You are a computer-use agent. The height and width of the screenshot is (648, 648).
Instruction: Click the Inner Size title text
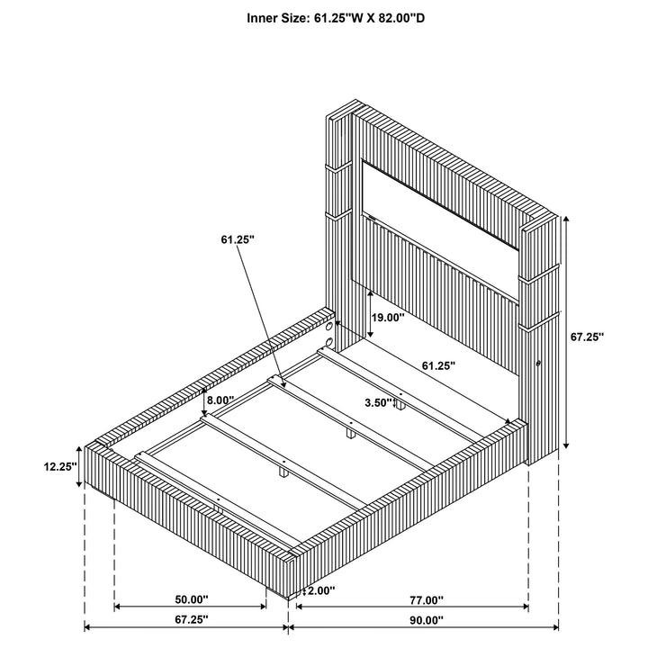(336, 18)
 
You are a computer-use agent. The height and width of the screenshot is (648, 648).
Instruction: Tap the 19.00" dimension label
(388, 318)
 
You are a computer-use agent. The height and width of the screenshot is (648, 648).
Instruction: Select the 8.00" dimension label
(220, 400)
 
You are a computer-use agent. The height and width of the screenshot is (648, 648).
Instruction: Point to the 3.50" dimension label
(378, 402)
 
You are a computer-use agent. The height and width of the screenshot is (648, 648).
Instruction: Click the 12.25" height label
(60, 466)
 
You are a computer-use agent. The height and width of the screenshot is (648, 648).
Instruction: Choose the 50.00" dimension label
(192, 598)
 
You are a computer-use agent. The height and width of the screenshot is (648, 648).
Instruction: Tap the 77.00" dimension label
(427, 599)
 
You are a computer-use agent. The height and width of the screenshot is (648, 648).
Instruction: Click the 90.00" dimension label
(427, 619)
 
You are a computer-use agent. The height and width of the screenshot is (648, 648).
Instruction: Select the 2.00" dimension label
(321, 590)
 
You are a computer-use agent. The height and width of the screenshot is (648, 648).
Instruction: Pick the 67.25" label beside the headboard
(587, 337)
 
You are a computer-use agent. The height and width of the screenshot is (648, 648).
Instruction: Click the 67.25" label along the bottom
(192, 619)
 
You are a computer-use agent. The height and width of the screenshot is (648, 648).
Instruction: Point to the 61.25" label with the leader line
(238, 239)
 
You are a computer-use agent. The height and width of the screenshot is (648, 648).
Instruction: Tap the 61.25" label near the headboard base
(438, 365)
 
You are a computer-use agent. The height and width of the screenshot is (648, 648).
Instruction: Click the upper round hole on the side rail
(329, 327)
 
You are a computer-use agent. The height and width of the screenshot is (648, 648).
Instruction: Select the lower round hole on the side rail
(329, 342)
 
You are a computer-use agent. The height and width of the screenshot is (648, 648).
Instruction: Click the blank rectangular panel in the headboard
(440, 205)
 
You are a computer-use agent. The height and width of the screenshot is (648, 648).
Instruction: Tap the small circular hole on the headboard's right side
(538, 364)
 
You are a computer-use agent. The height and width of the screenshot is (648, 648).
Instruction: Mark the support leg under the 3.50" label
(400, 405)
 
